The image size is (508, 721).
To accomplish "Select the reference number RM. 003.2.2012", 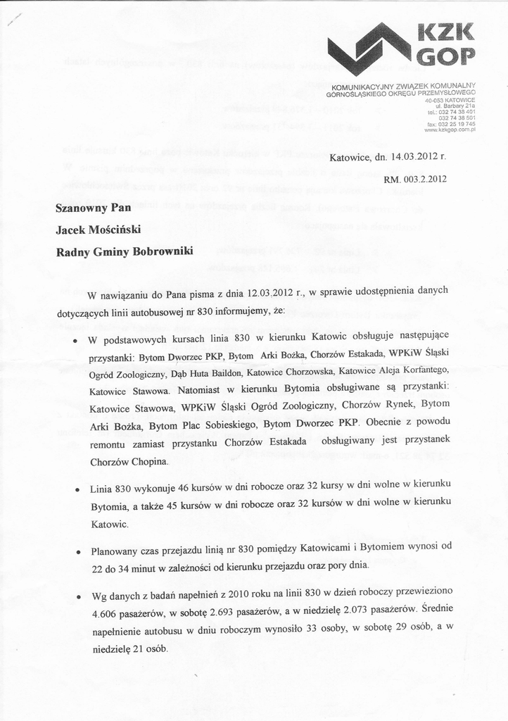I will click(415, 179).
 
